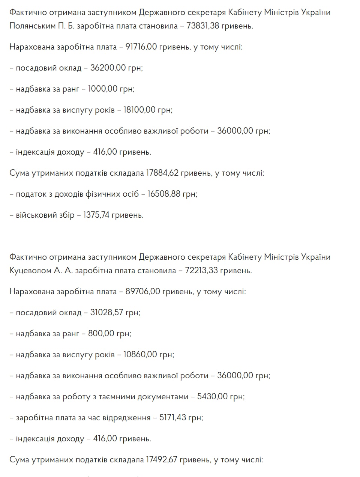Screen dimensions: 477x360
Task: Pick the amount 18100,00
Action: tap(139, 110)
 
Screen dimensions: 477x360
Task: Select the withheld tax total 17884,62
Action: tap(162, 173)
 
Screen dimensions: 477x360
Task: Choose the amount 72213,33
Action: tap(201, 271)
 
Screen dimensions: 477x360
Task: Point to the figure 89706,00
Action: tap(142, 292)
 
